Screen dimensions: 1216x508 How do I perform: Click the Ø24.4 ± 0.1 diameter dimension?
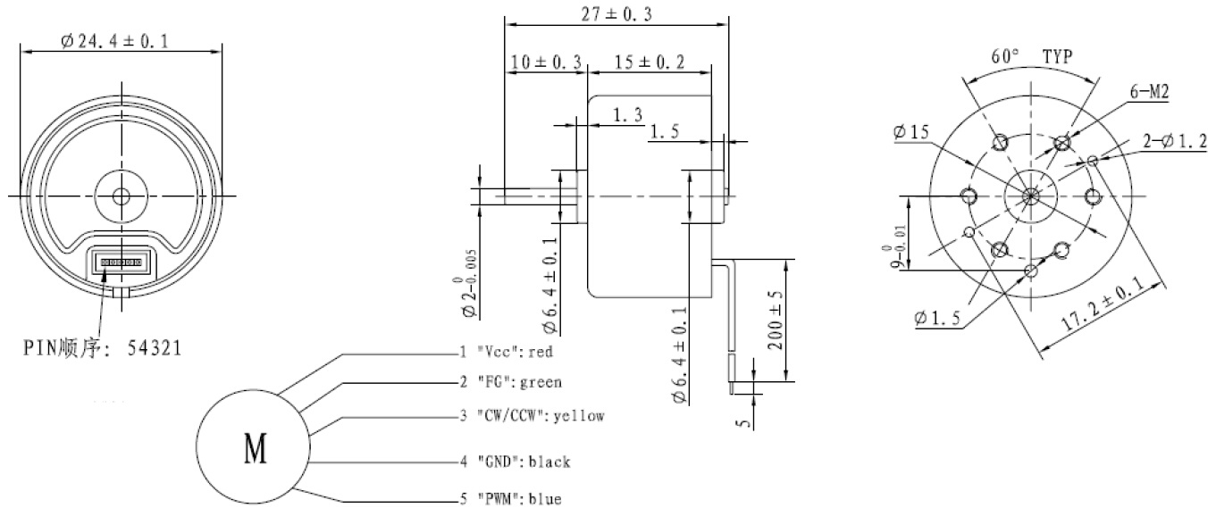click(x=114, y=41)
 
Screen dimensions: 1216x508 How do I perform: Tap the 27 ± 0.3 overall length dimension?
click(x=616, y=14)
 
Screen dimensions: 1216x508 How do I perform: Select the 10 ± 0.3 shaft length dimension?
click(x=546, y=62)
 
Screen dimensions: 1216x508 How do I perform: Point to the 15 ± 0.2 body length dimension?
click(x=650, y=62)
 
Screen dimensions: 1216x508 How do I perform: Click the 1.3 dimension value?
click(x=627, y=114)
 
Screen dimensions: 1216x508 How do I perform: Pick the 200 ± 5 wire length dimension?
click(x=776, y=321)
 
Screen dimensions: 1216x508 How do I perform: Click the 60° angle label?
click(x=1005, y=56)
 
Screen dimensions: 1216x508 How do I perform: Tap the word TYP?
click(x=1058, y=56)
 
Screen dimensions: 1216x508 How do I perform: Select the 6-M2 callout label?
click(x=1149, y=92)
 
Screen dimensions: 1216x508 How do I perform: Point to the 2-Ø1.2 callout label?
click(x=1175, y=141)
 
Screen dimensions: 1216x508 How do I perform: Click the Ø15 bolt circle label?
click(x=911, y=132)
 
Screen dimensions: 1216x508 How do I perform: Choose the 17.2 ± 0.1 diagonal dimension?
click(x=1102, y=303)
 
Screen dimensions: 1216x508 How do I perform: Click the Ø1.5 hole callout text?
click(x=937, y=318)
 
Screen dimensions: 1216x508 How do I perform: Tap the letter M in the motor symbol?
click(x=256, y=449)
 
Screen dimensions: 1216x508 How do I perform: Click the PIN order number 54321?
click(x=155, y=348)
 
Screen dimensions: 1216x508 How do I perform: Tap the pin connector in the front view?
click(x=122, y=262)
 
